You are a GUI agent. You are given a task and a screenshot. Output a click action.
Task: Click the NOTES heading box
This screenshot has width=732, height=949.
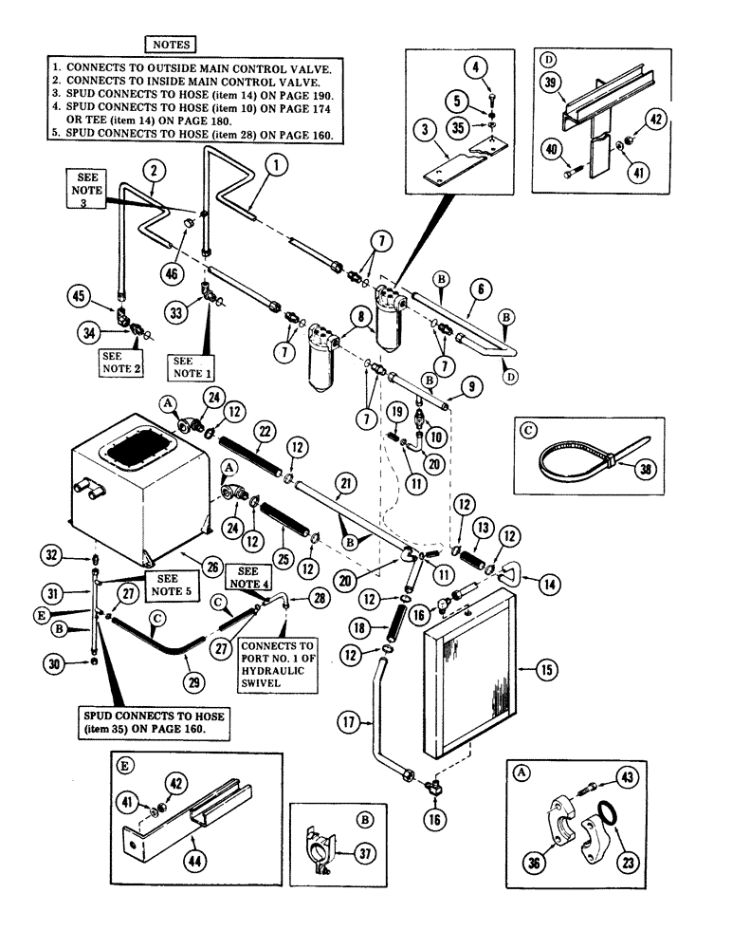click(x=169, y=44)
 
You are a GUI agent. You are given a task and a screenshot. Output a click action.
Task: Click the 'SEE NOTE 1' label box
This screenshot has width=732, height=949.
click(x=188, y=367)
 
